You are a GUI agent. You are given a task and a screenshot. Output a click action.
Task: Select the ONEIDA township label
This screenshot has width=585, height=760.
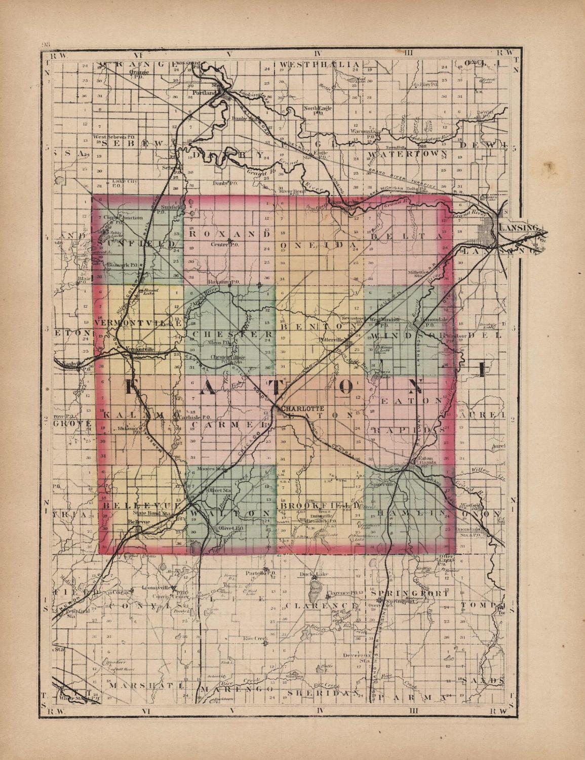pyautogui.click(x=318, y=245)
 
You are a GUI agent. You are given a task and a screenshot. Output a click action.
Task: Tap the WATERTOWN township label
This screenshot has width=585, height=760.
pyautogui.click(x=408, y=153)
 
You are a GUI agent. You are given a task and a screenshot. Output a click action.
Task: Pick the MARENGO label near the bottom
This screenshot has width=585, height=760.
pyautogui.click(x=236, y=690)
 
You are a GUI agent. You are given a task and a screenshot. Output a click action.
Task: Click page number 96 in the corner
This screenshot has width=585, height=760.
pyautogui.click(x=45, y=44)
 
